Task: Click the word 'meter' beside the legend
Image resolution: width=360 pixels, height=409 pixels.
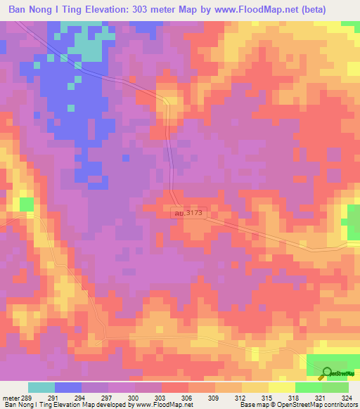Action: (9, 397)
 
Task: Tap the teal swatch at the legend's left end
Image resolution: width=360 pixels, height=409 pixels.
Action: (41, 387)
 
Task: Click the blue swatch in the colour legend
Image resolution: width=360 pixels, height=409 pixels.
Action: (68, 387)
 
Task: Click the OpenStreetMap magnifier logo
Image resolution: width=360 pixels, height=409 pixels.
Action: (327, 372)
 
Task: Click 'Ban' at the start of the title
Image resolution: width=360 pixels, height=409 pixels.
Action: (18, 11)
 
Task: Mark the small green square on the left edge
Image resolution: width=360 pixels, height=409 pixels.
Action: (27, 204)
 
